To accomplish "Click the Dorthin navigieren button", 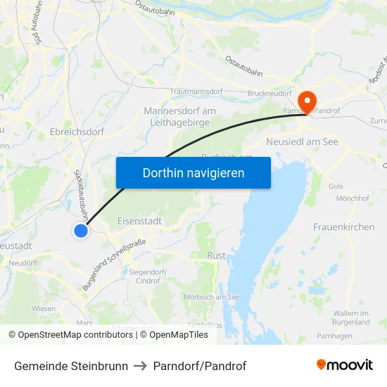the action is point(193,172).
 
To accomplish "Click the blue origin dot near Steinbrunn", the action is point(81,230).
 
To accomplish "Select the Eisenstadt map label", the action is point(140,220).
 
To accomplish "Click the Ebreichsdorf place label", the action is point(77,131).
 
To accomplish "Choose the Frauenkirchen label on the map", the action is point(344,227).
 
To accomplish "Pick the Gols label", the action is point(335,186).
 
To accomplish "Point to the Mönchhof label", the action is point(353,199).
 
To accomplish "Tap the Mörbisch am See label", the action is point(211,297).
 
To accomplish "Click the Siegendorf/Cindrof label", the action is point(147,276).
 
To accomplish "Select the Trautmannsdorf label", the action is point(197,92).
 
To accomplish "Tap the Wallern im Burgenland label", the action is point(351,317).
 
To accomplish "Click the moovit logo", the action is point(345,365).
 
